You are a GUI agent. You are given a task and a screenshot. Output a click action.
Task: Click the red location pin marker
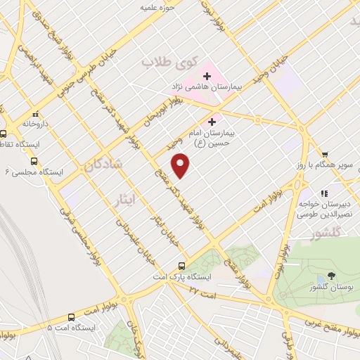(181, 166)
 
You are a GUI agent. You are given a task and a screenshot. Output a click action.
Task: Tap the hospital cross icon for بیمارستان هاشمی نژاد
(207, 75)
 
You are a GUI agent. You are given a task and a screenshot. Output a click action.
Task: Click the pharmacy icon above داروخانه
(34, 114)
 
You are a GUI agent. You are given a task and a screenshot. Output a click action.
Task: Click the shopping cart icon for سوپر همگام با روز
(324, 155)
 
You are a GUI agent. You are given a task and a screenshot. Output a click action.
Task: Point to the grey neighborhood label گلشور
(325, 231)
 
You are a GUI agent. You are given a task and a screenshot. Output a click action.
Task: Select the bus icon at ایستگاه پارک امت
(181, 266)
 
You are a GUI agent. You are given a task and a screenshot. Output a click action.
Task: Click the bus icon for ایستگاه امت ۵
(71, 316)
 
